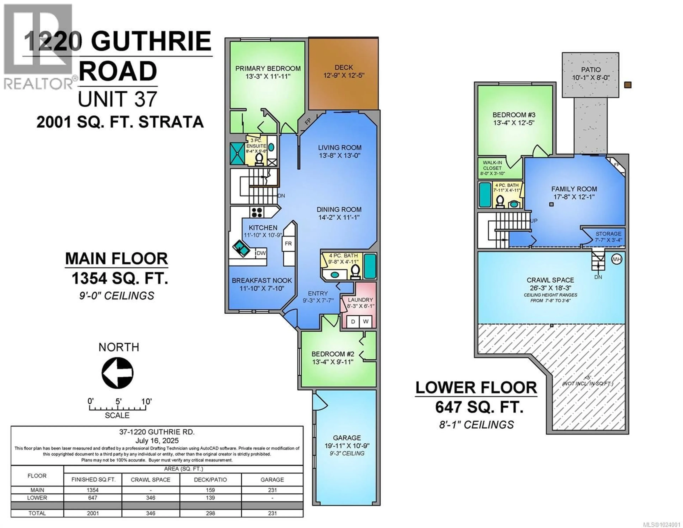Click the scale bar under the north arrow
[x=117, y=408]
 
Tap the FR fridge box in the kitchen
[x=288, y=243]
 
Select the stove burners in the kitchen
[x=257, y=212]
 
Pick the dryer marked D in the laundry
[x=353, y=321]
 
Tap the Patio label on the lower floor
[x=591, y=69]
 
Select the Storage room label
[x=608, y=234]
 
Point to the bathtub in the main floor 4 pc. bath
[x=370, y=266]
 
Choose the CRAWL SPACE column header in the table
[x=150, y=479]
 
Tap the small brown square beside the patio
[x=628, y=85]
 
